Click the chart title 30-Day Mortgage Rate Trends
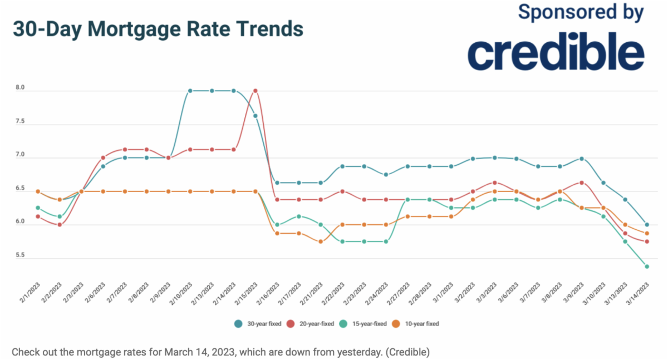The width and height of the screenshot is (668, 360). [158, 28]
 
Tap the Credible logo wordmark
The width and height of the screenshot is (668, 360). [556, 54]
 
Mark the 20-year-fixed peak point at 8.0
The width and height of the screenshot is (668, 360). [256, 91]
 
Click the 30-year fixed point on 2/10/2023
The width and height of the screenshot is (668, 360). [190, 91]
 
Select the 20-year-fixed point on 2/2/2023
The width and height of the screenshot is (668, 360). [60, 225]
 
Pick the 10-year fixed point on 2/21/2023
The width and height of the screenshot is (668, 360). [321, 241]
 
